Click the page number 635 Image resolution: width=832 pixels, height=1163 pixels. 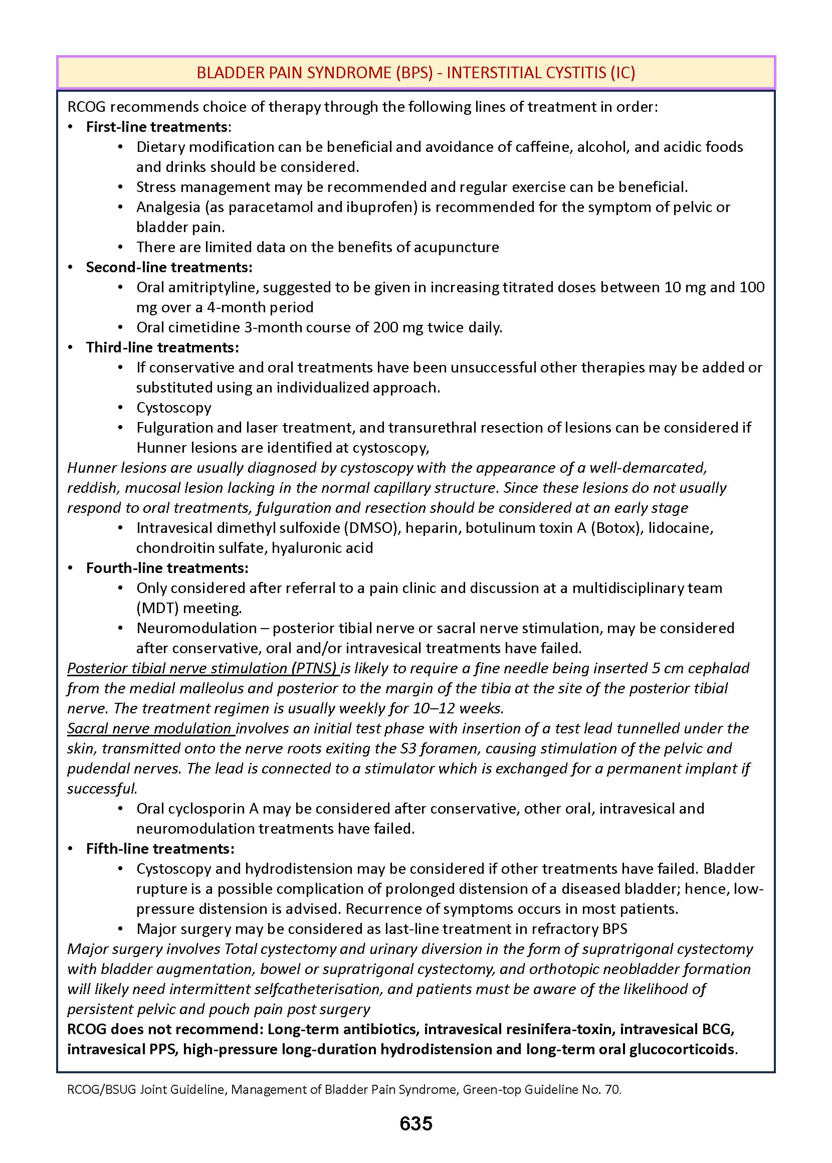(x=415, y=1123)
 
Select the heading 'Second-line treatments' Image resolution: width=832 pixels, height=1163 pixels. (x=168, y=267)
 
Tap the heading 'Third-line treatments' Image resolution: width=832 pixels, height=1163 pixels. (x=162, y=347)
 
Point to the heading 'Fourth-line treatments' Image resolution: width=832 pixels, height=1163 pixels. (x=167, y=567)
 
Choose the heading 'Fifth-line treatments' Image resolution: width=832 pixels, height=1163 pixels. (x=160, y=848)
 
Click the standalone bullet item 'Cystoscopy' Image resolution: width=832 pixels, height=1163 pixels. (x=174, y=408)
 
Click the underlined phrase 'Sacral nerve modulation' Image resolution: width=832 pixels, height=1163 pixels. (x=149, y=728)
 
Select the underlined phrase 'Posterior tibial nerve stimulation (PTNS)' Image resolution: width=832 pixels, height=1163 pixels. (x=202, y=668)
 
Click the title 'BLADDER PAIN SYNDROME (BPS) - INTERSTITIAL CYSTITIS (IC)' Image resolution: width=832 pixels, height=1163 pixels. (x=415, y=73)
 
